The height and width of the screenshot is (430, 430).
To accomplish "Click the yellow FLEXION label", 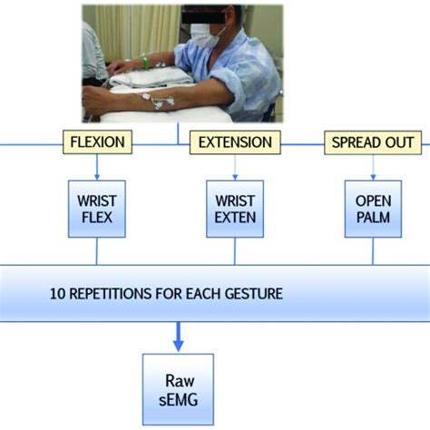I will [x=98, y=142].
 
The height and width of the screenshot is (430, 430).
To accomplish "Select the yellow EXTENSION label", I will [x=234, y=142].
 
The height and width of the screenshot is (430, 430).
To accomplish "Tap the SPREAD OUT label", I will [x=373, y=142].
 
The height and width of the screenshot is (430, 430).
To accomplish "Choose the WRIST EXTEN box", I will [x=234, y=208].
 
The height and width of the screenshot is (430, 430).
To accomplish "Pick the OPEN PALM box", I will [x=373, y=208].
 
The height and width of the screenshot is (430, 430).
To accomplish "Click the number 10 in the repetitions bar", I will [x=56, y=293].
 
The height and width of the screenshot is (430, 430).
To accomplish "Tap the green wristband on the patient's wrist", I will [x=144, y=64].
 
